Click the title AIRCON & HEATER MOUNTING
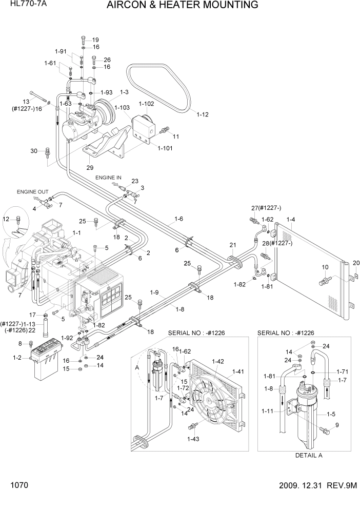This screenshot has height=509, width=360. pyautogui.click(x=182, y=6)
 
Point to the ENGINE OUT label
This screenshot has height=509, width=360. pyautogui.click(x=32, y=192)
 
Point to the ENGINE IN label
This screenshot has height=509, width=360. pyautogui.click(x=108, y=178)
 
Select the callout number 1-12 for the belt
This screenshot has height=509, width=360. pyautogui.click(x=203, y=115)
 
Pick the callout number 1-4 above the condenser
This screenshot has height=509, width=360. pyautogui.click(x=290, y=220)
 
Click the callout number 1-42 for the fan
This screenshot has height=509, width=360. pyautogui.click(x=218, y=362)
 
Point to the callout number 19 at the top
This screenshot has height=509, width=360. pyautogui.click(x=95, y=40)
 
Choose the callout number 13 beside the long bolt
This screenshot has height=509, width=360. pyautogui.click(x=26, y=101)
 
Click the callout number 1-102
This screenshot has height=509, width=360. pyautogui.click(x=146, y=103)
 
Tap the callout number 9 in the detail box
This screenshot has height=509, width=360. pyautogui.click(x=337, y=425)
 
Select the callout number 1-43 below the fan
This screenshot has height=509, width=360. pyautogui.click(x=193, y=439)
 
